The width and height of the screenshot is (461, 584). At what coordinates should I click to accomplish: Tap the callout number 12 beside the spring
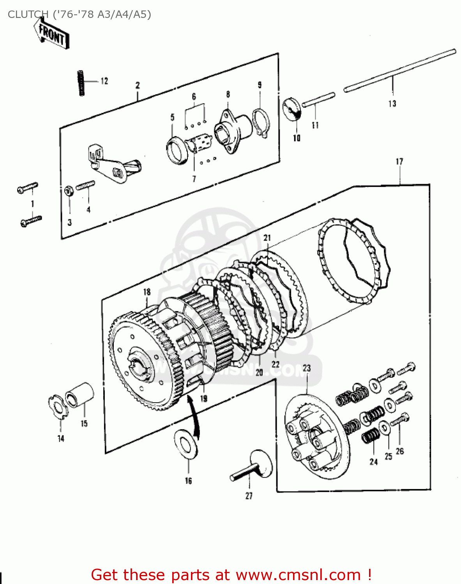pyautogui.click(x=104, y=81)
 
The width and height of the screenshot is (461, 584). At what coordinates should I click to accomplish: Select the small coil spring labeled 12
pyautogui.click(x=81, y=83)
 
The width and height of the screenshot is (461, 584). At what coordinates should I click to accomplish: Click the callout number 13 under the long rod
pyautogui.click(x=392, y=104)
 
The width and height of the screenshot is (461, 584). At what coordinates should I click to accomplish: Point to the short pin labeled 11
pyautogui.click(x=318, y=99)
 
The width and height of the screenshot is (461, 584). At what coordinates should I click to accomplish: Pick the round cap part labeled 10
pyautogui.click(x=292, y=109)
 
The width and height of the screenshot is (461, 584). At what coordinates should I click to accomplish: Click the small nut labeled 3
pyautogui.click(x=68, y=191)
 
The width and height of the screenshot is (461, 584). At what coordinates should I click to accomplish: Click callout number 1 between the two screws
pyautogui.click(x=32, y=204)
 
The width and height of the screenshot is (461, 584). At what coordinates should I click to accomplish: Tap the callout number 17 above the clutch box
pyautogui.click(x=399, y=161)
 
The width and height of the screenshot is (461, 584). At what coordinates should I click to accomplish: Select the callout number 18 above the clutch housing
pyautogui.click(x=147, y=292)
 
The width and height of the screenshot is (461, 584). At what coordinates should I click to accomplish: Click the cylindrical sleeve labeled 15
pyautogui.click(x=80, y=395)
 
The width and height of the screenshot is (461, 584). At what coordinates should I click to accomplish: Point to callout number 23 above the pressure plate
pyautogui.click(x=307, y=368)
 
